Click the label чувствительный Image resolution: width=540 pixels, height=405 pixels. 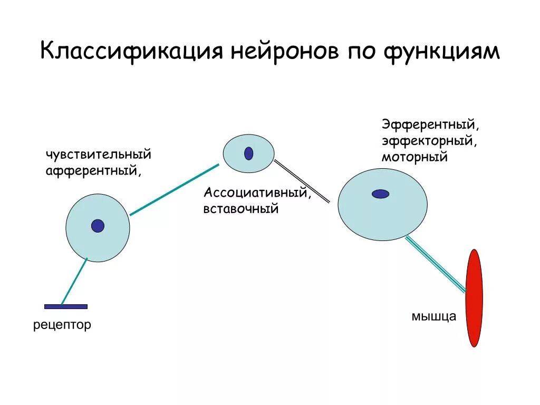[99, 155]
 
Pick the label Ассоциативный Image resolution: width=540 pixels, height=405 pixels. [257, 193]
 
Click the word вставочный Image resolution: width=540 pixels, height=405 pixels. [241, 209]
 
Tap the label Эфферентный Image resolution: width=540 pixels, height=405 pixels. [430, 126]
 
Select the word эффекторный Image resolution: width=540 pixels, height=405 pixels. [430, 141]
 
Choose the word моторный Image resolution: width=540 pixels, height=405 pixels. [415, 157]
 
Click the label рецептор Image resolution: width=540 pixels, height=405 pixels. [62, 325]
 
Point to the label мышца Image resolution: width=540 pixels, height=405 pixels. [433, 317]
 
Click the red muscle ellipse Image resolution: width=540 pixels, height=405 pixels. [474, 298]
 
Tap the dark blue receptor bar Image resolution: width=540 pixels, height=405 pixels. [66, 306]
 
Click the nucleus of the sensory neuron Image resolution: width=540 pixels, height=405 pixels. [98, 226]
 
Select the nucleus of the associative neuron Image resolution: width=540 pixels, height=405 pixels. [248, 153]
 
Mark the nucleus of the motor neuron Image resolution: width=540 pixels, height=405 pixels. [380, 194]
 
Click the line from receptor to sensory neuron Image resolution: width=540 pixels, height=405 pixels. [74, 282]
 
